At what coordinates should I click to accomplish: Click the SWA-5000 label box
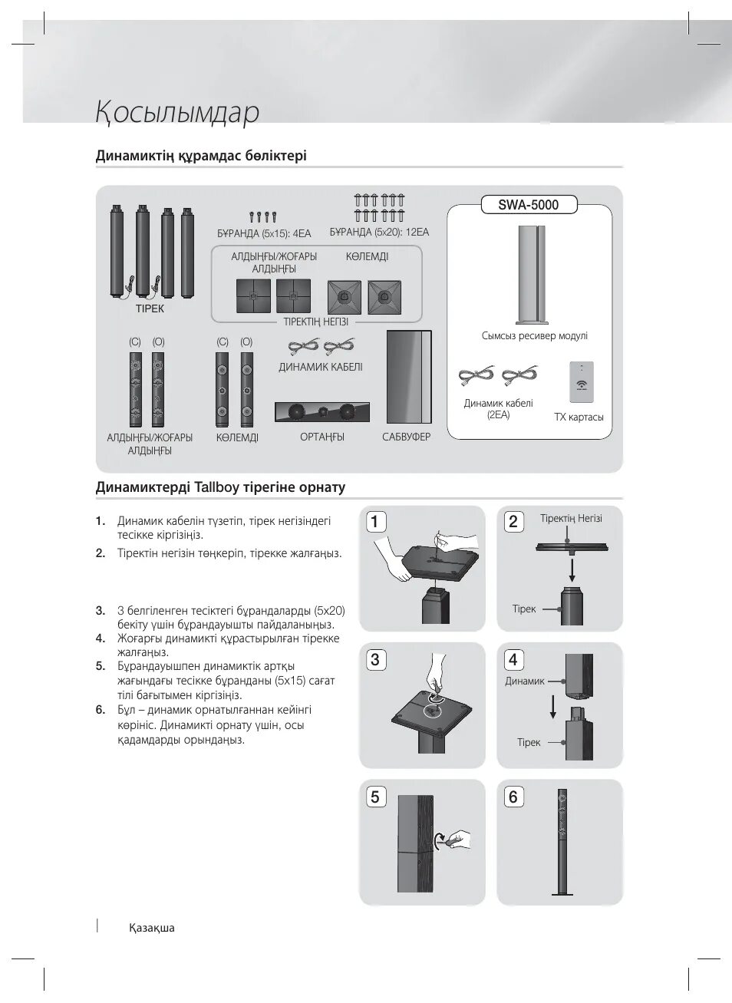[529, 204]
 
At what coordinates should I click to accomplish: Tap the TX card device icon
[581, 381]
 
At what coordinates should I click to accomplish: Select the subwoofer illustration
[409, 376]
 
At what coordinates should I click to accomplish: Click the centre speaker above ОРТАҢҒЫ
[322, 411]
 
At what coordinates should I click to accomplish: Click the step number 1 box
[374, 522]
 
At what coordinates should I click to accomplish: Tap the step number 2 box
[513, 522]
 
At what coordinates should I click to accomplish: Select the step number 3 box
[374, 659]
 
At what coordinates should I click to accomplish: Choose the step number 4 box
[513, 659]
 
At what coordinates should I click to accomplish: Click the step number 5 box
[374, 797]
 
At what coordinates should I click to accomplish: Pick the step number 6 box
[513, 797]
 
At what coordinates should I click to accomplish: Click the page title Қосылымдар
[177, 113]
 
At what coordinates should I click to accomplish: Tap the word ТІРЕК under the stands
[150, 308]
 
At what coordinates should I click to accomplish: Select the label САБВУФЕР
[407, 437]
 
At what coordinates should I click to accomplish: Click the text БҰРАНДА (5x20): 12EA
[379, 232]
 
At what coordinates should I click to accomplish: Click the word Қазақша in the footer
[152, 928]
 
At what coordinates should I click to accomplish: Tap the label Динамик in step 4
[525, 681]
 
